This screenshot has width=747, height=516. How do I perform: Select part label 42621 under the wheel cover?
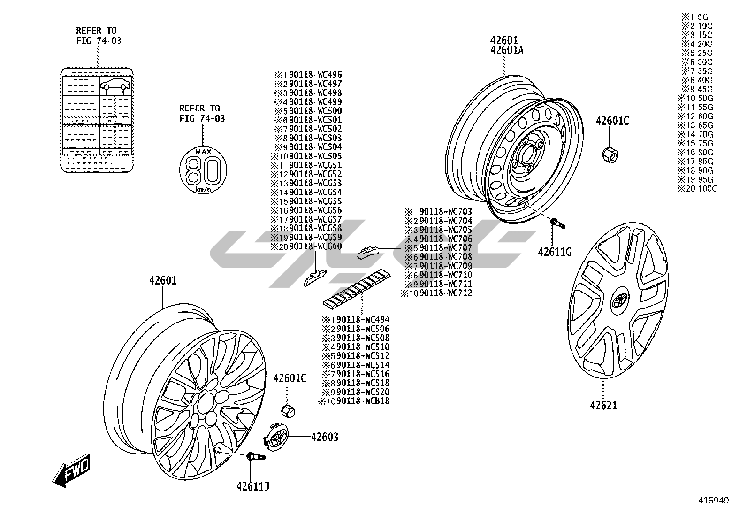(603, 405)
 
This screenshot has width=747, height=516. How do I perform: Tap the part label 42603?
(324, 437)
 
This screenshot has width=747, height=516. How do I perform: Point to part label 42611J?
(253, 487)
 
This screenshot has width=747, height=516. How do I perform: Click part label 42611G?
(555, 252)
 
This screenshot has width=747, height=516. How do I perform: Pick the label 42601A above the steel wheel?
(507, 50)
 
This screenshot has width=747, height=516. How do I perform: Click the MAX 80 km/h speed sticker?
(203, 169)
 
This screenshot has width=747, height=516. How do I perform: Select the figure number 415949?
(713, 501)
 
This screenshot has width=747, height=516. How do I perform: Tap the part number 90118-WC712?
(445, 293)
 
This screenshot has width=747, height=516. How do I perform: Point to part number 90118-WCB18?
(363, 401)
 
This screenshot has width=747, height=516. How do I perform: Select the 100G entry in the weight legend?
(701, 189)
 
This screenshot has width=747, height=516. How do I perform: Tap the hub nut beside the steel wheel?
(609, 154)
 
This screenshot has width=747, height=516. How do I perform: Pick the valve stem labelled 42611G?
(558, 223)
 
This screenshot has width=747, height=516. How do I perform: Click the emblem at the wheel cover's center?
(619, 300)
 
